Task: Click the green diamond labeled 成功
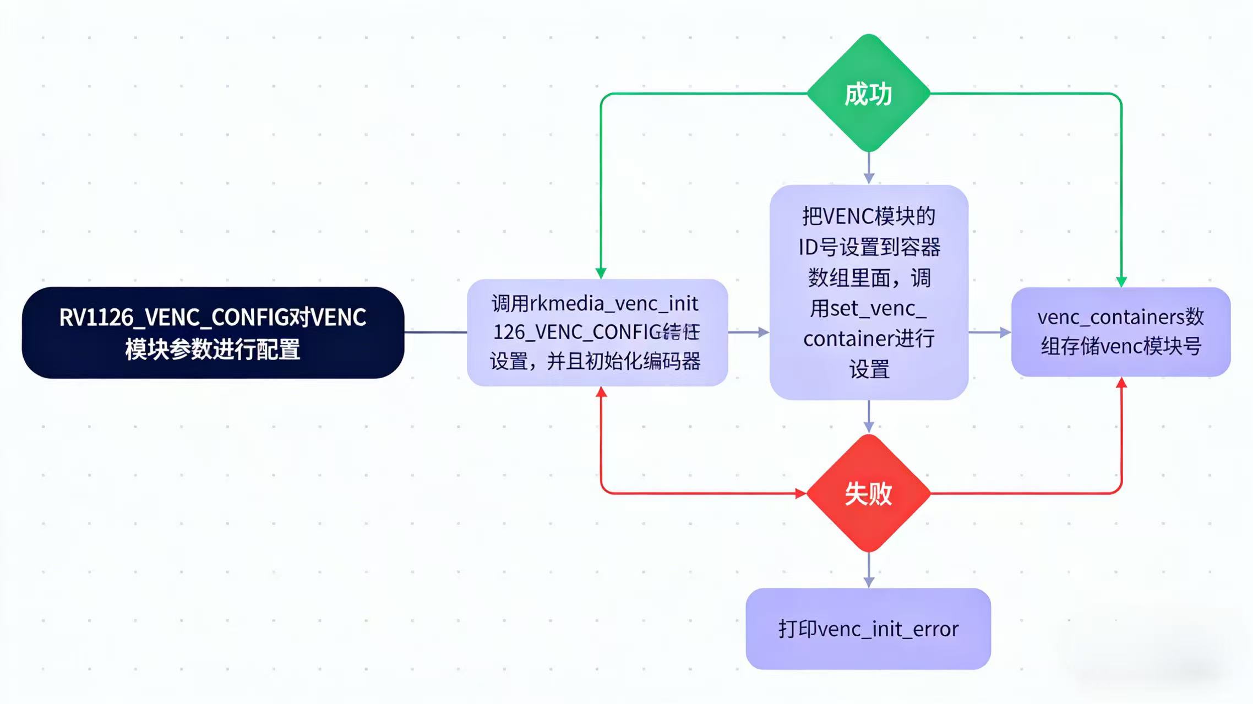868,94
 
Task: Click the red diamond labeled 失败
868,493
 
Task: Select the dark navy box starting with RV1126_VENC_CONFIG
213,332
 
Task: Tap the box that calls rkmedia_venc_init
597,332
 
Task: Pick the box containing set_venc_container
869,292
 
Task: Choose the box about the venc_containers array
1121,332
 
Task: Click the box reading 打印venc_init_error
868,629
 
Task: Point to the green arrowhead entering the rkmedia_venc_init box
601,273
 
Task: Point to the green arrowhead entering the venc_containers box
1121,281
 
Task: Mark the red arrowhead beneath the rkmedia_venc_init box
602,392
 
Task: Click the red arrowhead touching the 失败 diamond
800,494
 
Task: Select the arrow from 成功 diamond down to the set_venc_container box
869,168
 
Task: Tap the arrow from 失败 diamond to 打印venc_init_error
869,570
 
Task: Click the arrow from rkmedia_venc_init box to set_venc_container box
749,332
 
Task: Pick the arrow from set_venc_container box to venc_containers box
990,332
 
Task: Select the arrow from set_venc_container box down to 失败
869,417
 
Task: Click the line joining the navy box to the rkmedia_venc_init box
435,332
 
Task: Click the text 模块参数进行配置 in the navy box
213,350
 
